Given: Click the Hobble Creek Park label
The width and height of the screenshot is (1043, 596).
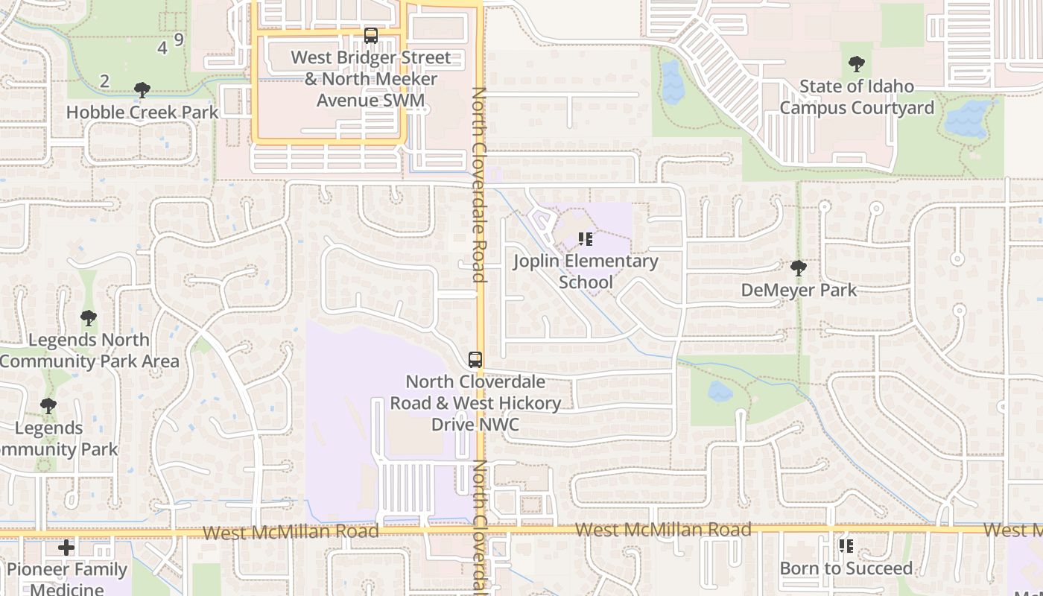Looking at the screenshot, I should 142,112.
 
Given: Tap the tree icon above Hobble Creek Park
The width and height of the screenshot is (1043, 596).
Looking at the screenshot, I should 142,91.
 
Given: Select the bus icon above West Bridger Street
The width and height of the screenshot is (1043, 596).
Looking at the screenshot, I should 370,35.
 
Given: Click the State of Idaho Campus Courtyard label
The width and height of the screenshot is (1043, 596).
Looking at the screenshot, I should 857,97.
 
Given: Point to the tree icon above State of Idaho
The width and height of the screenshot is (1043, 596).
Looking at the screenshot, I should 857,64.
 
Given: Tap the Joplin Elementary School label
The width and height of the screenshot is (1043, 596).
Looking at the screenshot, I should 586,271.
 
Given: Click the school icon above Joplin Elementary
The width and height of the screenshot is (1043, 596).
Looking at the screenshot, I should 586,239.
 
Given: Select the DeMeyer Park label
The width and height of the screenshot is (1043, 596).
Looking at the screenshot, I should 799,290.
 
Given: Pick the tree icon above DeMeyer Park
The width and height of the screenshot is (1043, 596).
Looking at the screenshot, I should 798,267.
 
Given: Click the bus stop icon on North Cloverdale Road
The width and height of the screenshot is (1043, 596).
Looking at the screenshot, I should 475,359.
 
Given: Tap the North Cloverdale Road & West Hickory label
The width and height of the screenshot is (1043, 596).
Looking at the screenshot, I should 475,403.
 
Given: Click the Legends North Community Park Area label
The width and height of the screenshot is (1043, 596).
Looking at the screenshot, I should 89,350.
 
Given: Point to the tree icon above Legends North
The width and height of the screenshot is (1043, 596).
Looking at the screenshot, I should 89,318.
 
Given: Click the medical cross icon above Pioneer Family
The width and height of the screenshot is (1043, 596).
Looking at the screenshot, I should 66,548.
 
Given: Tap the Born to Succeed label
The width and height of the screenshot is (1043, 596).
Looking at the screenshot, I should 846,568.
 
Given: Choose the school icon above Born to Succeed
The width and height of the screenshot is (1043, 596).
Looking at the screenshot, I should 846,546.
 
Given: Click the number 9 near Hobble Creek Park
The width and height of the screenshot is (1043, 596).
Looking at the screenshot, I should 179,39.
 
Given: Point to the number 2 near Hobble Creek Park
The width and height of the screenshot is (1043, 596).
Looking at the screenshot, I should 105,80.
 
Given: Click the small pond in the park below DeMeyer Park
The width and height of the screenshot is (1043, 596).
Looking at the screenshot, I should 720,391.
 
